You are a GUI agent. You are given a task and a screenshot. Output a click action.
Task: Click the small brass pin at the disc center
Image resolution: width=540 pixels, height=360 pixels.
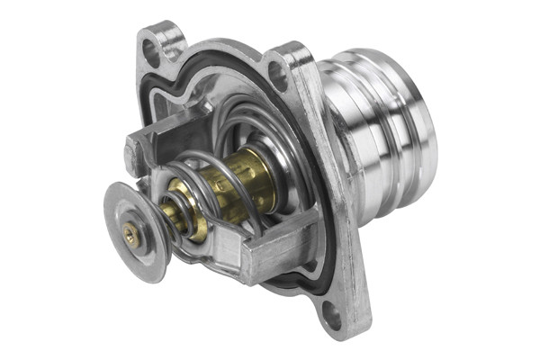[131, 236]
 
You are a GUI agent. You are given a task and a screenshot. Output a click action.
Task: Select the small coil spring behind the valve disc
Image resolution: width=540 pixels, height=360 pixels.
[179, 216]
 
